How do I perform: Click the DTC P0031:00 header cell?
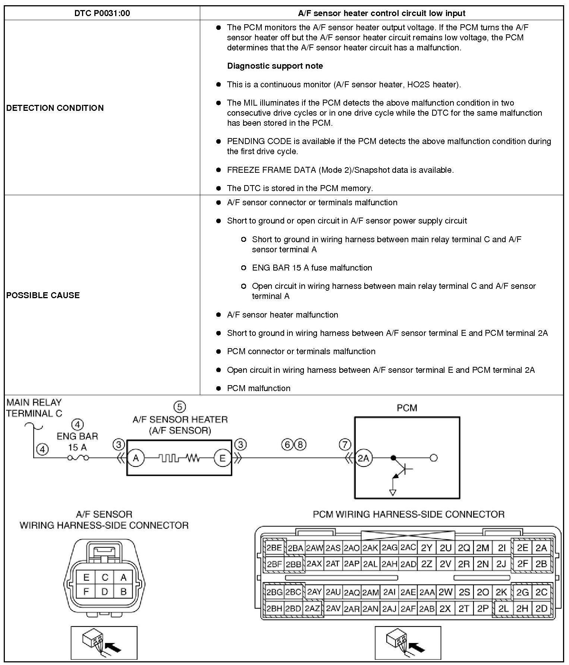coord(102,13)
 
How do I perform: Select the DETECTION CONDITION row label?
coord(55,108)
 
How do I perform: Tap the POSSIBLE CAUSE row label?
coord(43,295)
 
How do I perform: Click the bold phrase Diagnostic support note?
coord(275,66)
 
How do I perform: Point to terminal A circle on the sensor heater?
coord(136,458)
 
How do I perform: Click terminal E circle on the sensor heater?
coord(223,458)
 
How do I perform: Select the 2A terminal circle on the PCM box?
coord(363,458)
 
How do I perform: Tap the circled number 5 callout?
coord(180,406)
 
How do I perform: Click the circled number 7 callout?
coord(345,444)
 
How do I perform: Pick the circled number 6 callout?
coord(287,444)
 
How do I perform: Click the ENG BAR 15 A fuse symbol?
coord(78,458)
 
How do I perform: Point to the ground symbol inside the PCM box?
coord(392,492)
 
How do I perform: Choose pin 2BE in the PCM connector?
coord(274,548)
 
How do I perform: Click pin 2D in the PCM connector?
coord(541,609)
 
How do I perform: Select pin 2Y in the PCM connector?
coord(427,548)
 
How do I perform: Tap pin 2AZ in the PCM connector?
coord(312,609)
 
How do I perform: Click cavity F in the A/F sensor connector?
coord(86,591)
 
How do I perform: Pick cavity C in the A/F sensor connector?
coord(105,577)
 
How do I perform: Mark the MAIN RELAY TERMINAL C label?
coord(34,408)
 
